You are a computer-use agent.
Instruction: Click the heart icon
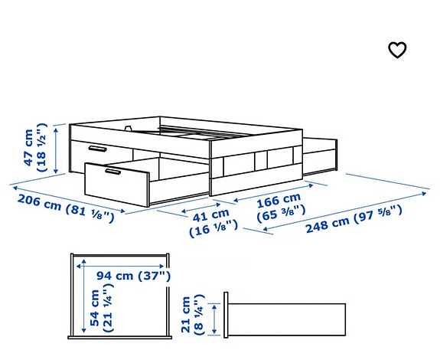[x=396, y=51]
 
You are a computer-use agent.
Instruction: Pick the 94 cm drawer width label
[x=115, y=276]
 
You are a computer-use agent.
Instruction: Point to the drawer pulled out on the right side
[x=322, y=156]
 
